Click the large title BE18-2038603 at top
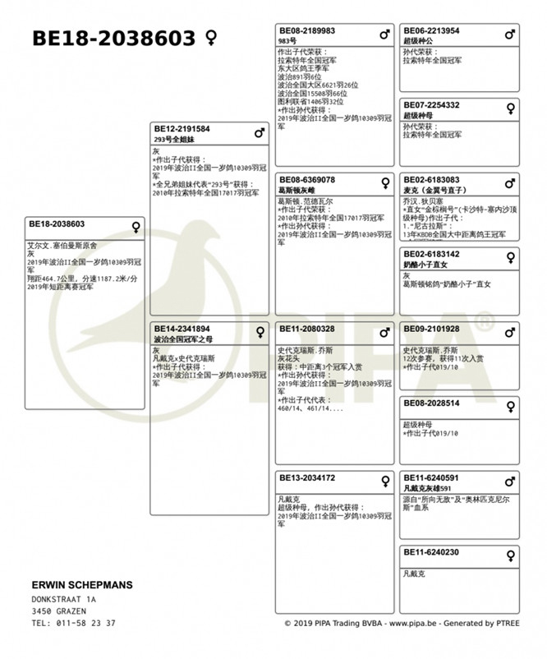[113, 39]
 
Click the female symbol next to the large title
[211, 38]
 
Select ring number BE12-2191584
[182, 130]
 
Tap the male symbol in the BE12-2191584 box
[260, 132]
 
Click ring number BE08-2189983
[307, 31]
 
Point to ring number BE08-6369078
[307, 180]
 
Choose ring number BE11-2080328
[307, 329]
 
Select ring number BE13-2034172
[307, 477]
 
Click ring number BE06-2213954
[431, 31]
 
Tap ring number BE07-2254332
[431, 105]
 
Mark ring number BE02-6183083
[431, 180]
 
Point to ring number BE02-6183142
[431, 255]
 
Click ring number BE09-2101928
[431, 329]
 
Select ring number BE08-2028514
[431, 403]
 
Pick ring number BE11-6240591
[431, 477]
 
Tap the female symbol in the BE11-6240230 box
[510, 555]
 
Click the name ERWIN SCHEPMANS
[81, 585]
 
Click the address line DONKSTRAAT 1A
[63, 600]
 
